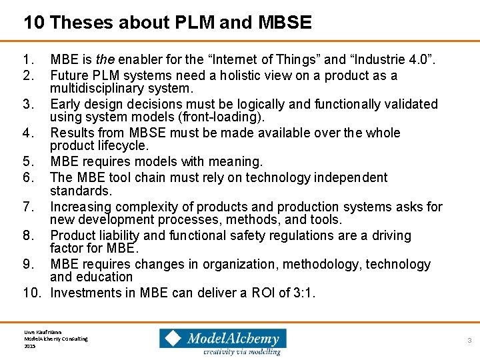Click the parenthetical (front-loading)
pos(218,117)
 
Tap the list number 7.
pos(27,207)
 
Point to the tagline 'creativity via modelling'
pos(241,351)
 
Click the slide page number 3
pos(469,340)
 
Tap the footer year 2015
pos(29,346)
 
